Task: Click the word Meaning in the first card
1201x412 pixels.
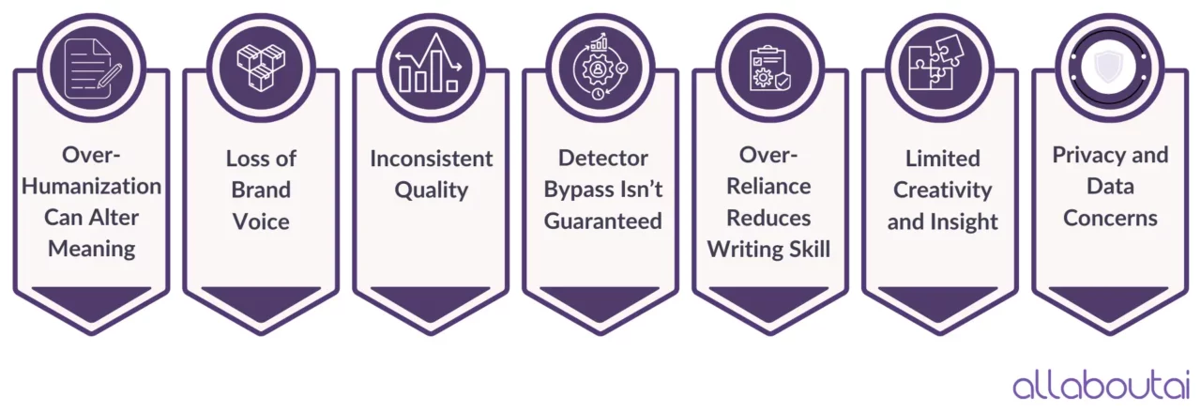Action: coord(91,249)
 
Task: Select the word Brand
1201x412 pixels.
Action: coord(261,190)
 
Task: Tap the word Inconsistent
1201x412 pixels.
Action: coord(431,159)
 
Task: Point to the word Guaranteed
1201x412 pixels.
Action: coord(600,221)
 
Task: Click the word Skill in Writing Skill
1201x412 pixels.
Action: coord(808,249)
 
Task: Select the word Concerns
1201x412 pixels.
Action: coord(1110,218)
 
